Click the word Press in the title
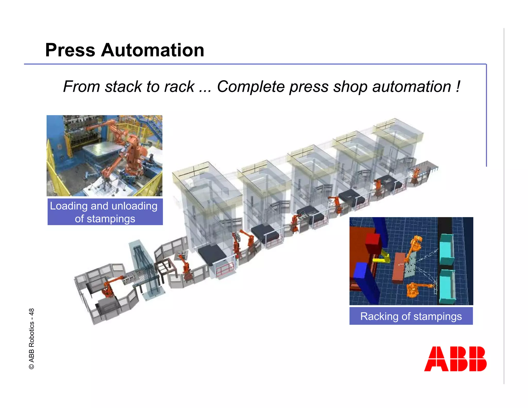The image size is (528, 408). (x=70, y=50)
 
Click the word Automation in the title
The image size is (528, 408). (x=153, y=50)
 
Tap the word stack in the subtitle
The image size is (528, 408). (x=123, y=87)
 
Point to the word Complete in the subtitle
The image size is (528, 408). (x=251, y=87)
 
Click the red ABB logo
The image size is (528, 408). (x=455, y=359)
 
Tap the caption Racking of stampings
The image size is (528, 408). (x=411, y=316)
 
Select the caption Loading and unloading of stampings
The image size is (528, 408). (x=105, y=212)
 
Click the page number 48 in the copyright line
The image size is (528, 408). (x=31, y=312)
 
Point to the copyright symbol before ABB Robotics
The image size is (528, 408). (x=31, y=366)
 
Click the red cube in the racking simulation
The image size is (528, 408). (x=372, y=243)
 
